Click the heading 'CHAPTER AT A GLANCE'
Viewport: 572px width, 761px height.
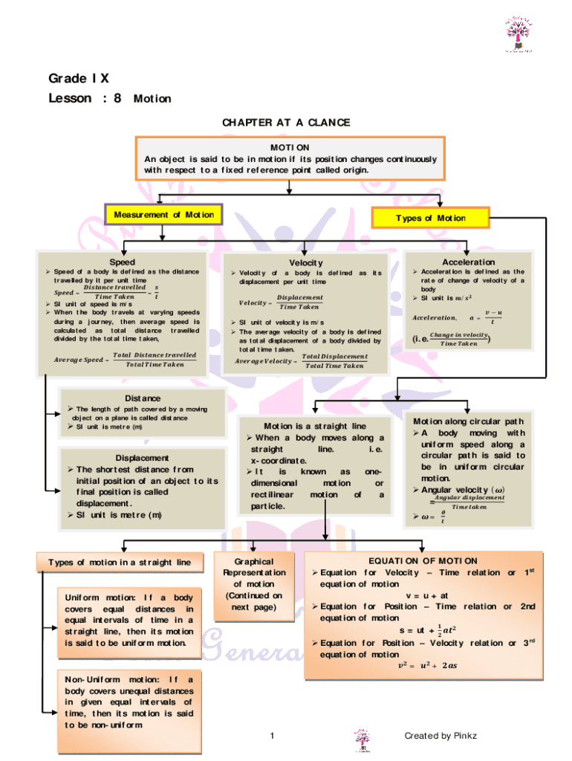[286, 123]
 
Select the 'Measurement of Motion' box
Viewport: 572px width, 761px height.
[163, 215]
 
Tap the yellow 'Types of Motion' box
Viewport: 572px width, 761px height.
[431, 218]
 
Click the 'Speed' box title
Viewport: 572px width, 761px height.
[122, 262]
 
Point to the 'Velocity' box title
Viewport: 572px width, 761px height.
[306, 263]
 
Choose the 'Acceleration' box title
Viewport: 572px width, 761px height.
[468, 262]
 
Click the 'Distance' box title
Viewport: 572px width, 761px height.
[143, 398]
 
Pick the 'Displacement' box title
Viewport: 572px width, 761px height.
[142, 458]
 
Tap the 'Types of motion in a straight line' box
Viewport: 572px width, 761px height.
[120, 563]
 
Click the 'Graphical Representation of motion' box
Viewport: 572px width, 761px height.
[254, 584]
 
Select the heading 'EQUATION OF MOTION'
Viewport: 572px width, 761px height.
[423, 561]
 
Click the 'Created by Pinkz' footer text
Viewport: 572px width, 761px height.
[441, 736]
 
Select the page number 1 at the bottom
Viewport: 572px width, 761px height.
[273, 736]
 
